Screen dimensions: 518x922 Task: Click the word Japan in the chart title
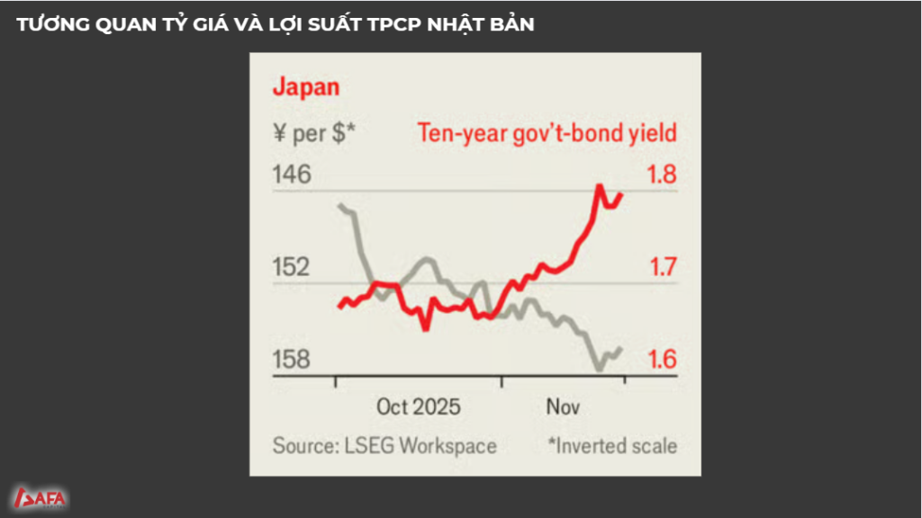tap(305, 87)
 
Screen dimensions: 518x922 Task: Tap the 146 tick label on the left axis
tap(292, 174)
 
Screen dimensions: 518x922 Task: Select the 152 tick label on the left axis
tap(292, 267)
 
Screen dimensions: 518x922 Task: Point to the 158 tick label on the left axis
tap(292, 360)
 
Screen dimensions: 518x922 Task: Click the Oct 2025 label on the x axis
tap(418, 406)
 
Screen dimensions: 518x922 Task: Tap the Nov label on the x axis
tap(563, 406)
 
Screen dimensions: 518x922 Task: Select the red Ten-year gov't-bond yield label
tap(547, 134)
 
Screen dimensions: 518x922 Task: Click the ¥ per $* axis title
tap(313, 134)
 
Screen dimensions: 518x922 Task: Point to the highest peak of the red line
tap(599, 186)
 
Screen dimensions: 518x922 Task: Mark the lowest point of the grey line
tap(599, 369)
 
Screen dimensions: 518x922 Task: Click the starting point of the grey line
tap(339, 206)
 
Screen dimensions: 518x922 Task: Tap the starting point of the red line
tap(339, 307)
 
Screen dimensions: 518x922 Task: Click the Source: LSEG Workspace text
tap(384, 445)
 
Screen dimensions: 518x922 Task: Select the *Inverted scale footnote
tap(611, 445)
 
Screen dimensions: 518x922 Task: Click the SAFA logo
tap(41, 497)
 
